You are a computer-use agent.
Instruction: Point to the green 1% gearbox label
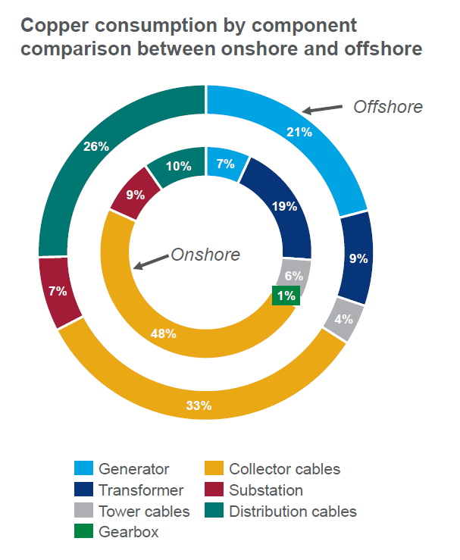pyautogui.click(x=286, y=296)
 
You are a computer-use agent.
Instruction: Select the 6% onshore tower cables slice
pyautogui.click(x=294, y=276)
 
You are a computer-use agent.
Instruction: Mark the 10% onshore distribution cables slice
pyautogui.click(x=177, y=165)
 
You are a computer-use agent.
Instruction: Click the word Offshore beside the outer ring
pyautogui.click(x=387, y=107)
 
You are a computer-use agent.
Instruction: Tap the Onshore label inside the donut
pyautogui.click(x=205, y=255)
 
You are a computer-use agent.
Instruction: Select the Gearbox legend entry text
pyautogui.click(x=128, y=532)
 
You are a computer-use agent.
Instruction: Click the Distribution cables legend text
pyautogui.click(x=293, y=512)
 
